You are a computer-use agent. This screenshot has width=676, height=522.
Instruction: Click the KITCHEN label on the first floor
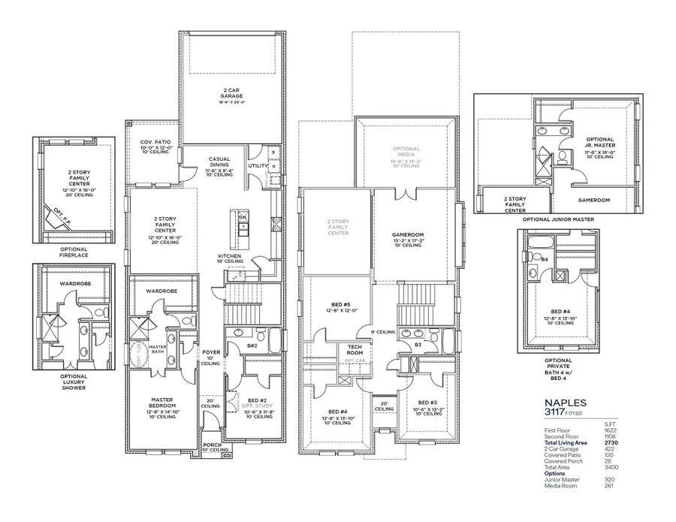click(229, 256)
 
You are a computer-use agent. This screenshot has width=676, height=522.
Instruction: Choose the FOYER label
click(211, 352)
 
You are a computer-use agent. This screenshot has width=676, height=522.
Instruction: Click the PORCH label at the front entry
click(213, 445)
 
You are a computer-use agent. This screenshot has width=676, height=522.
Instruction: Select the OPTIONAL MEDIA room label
click(406, 153)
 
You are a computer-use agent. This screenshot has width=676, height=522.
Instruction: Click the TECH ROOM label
click(355, 349)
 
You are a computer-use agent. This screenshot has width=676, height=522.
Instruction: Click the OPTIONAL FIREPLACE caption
click(74, 252)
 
